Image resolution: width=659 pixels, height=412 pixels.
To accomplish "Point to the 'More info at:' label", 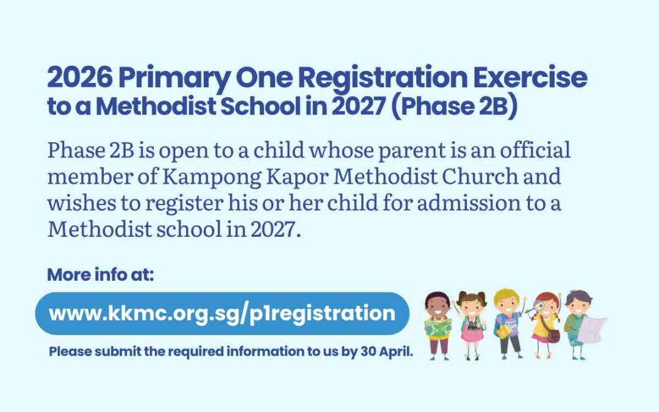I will [101, 275].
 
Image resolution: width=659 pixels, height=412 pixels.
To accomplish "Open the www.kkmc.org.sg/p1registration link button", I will [221, 314].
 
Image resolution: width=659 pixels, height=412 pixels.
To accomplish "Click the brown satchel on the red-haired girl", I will [553, 335].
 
